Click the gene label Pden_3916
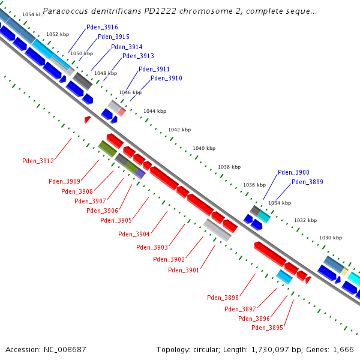102,28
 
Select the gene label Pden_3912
38,161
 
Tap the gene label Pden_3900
293,173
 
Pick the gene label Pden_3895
267,328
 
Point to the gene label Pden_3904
134,234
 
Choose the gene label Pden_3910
166,79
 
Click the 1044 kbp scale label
154,111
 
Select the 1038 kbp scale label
229,167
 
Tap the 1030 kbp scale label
329,238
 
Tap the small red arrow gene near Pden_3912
88,120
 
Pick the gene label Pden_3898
223,298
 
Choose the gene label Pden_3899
307,182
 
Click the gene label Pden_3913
138,56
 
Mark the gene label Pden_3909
64,181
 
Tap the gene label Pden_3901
184,270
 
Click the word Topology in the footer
173,349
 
